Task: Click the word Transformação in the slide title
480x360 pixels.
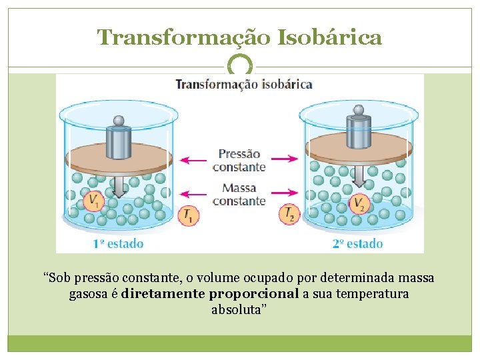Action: pos(181,37)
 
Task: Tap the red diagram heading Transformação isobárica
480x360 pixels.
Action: pos(243,84)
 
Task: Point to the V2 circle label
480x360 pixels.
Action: pos(360,204)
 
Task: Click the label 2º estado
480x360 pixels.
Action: pos(357,244)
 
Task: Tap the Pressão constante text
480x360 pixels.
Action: pos(240,160)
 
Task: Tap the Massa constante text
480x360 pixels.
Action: pos(240,195)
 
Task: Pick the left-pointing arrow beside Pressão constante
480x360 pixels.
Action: pos(194,160)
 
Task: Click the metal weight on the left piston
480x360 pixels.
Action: pos(119,138)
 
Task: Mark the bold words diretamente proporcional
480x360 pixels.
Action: pos(210,294)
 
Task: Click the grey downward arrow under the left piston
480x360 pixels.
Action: pos(119,185)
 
